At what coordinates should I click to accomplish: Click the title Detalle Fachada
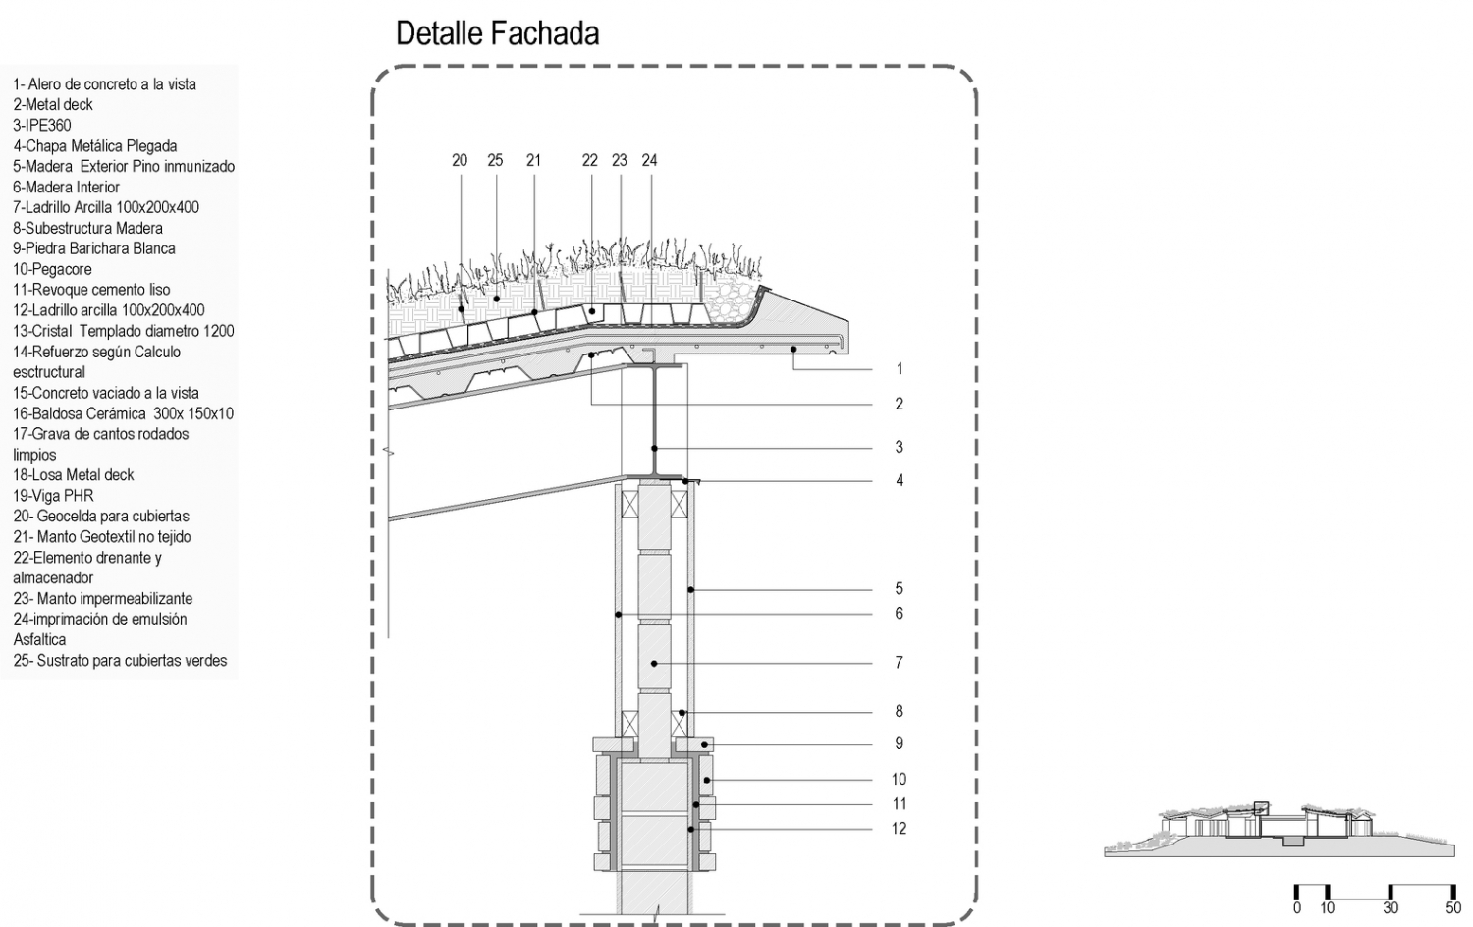point(497,33)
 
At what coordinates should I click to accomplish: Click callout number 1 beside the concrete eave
point(899,369)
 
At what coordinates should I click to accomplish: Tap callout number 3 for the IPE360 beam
point(899,447)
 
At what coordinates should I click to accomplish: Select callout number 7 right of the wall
point(899,662)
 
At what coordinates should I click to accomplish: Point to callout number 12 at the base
point(899,829)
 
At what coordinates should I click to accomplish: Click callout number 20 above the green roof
point(460,160)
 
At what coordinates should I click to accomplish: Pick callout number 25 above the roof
point(495,160)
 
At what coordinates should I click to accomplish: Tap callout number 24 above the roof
point(649,160)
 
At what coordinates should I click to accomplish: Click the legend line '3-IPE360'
point(42,125)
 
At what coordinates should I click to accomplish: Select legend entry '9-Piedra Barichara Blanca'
point(94,248)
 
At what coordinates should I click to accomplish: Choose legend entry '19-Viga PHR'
point(53,496)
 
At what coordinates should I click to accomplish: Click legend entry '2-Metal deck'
point(53,104)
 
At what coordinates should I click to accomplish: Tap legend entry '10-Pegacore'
point(52,269)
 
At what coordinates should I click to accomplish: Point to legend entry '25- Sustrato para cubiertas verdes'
point(120,661)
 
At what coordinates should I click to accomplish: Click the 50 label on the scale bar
point(1453,908)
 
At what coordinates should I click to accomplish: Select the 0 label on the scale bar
point(1297,908)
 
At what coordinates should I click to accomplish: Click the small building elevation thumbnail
point(1279,830)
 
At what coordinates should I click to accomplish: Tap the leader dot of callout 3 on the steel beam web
point(654,449)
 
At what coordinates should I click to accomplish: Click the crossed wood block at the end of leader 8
point(679,723)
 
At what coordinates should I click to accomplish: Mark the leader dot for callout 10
point(707,781)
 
